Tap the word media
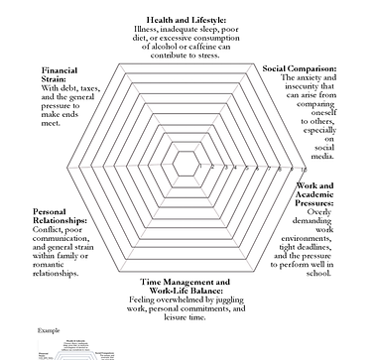coord(324,167)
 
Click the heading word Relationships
coord(66,220)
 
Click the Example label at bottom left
coord(48,328)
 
